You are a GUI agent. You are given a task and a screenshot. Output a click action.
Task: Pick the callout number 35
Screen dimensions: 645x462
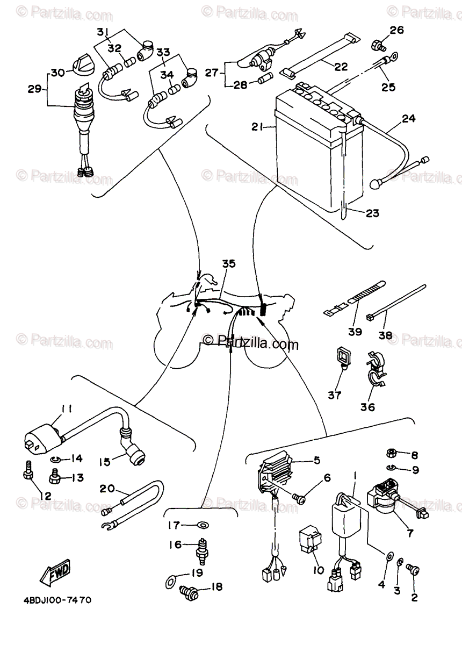[229, 264]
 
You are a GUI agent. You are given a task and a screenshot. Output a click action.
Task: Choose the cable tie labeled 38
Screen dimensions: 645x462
[398, 304]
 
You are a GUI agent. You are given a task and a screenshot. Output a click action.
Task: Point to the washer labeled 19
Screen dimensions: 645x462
[170, 580]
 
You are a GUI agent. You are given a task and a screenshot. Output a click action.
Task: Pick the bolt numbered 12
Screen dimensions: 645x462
[28, 471]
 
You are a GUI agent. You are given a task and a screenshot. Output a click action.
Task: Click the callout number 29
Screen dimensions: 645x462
[34, 89]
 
